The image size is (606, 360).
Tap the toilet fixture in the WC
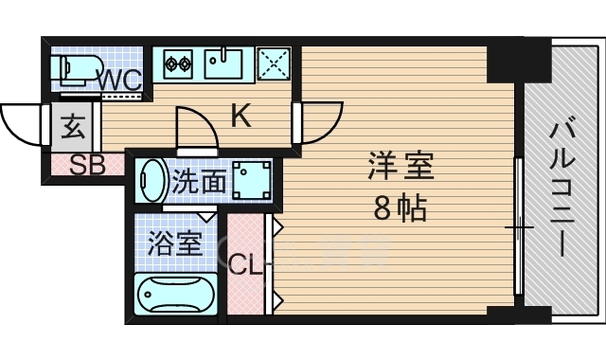(76, 69)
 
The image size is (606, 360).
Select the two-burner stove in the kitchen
(177, 64)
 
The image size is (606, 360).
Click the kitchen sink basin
(224, 63)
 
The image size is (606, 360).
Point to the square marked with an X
(276, 64)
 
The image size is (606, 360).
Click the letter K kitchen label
(241, 117)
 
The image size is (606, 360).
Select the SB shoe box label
(87, 165)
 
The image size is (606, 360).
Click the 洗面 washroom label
(199, 180)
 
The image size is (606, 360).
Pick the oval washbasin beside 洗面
(151, 180)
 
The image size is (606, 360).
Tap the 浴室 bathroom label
(174, 243)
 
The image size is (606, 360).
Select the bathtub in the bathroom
(175, 295)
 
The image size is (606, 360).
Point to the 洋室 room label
(400, 167)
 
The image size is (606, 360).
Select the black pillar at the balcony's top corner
(518, 62)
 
